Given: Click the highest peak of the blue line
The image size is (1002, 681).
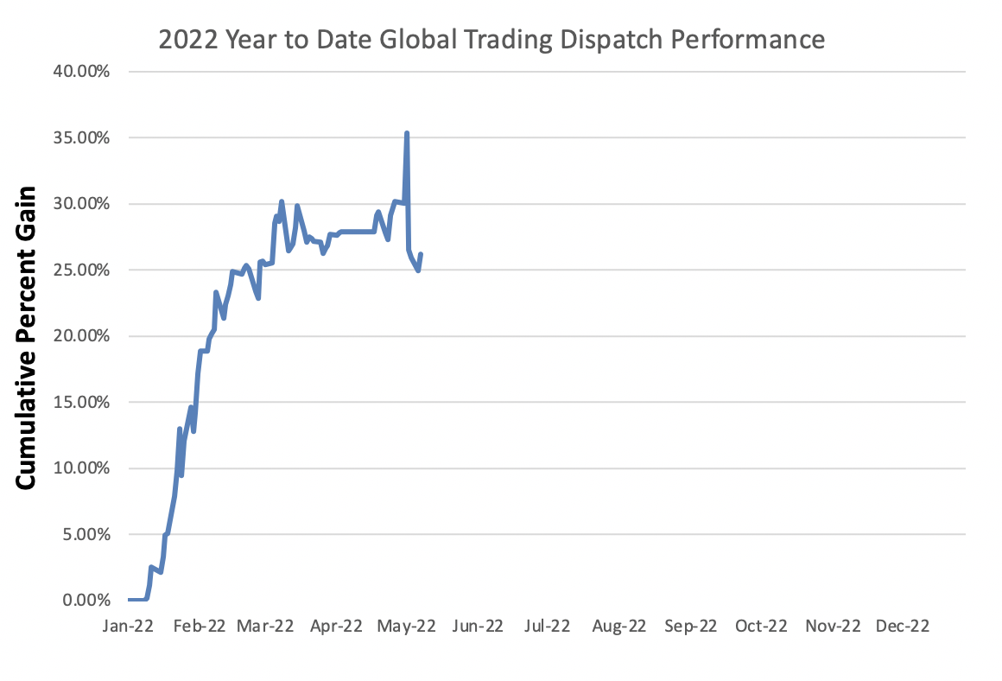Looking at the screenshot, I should click(x=406, y=133).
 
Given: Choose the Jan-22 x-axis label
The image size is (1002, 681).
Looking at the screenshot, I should click(x=128, y=627).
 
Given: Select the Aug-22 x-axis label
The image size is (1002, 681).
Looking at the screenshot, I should click(x=619, y=627).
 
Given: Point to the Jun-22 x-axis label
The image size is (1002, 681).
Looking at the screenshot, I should click(x=479, y=627).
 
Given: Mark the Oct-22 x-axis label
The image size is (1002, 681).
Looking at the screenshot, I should click(x=760, y=627).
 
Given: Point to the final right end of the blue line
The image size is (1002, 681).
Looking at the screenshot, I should click(x=421, y=254).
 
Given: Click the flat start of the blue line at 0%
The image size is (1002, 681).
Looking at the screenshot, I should click(x=136, y=600).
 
